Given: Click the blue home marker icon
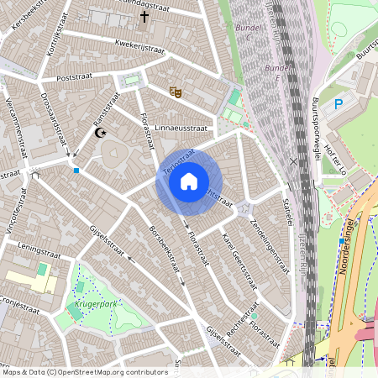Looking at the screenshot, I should pyautogui.click(x=189, y=181).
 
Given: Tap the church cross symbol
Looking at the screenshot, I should pyautogui.click(x=144, y=16).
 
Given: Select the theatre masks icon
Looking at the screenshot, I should pyautogui.click(x=175, y=92).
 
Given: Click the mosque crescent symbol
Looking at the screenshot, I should pyautogui.click(x=102, y=133).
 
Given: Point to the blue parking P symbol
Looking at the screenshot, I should pyautogui.click(x=339, y=104).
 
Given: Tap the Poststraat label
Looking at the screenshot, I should pyautogui.click(x=73, y=76).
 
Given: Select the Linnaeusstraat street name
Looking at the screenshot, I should pyautogui.click(x=180, y=128).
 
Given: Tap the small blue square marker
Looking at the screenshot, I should pyautogui.click(x=76, y=171).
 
